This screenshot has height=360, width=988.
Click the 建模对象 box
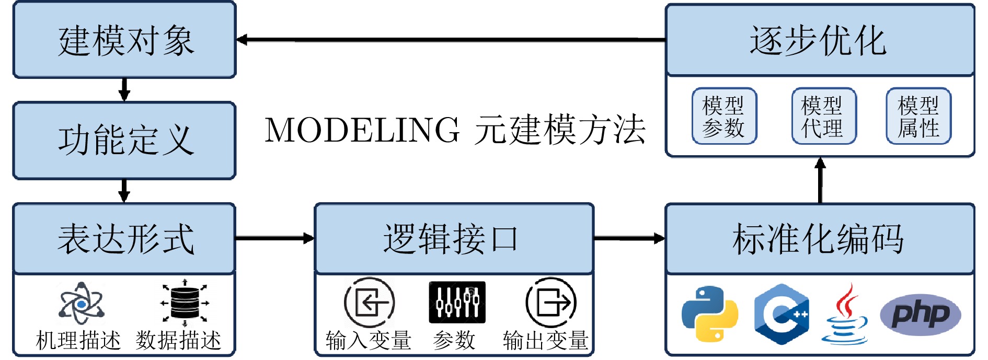tap(124, 40)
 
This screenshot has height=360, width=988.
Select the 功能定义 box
tap(124, 141)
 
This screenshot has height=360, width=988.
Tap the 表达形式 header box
tap(124, 239)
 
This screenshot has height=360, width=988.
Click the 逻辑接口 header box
tap(454, 239)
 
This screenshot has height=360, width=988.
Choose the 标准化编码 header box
tap(819, 239)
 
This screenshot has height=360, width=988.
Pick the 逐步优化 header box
tap(819, 40)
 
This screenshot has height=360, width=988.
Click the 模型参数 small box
tap(724, 116)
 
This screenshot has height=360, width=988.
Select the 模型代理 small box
tap(823, 116)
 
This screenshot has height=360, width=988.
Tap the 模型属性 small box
tap(918, 116)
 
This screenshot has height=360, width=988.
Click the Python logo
tap(709, 313)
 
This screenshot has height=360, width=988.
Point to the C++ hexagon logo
tap(782, 314)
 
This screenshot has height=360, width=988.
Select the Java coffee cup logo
tap(845, 313)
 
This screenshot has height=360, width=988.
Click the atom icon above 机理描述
tap(82, 303)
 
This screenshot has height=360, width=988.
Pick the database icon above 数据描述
tap(185, 303)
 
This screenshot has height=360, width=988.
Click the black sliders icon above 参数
tap(457, 302)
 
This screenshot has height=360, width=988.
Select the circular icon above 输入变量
tap(369, 303)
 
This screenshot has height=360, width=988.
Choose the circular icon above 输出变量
tap(550, 303)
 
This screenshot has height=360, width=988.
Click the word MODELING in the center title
tap(362, 130)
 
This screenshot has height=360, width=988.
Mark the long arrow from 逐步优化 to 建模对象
tap(450, 39)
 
